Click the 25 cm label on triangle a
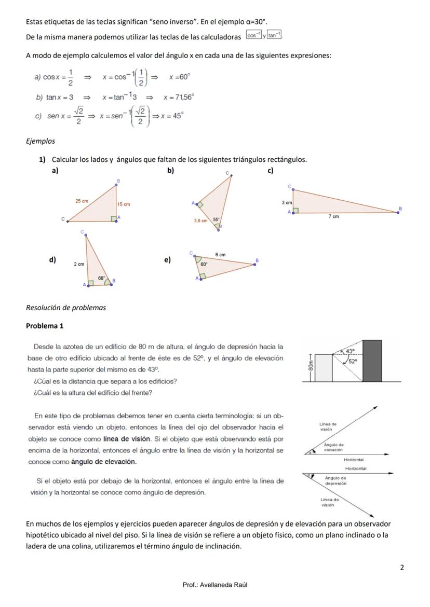(x=82, y=200)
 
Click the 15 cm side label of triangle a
(x=124, y=204)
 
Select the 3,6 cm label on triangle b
(x=200, y=220)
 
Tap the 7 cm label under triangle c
(x=333, y=216)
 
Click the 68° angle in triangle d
(x=102, y=278)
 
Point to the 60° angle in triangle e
(x=204, y=264)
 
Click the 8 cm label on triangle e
(x=220, y=255)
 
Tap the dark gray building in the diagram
(x=372, y=361)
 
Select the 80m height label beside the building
(x=311, y=366)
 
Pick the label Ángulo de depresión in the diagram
(x=335, y=480)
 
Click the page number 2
(x=401, y=568)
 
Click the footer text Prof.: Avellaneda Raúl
(x=215, y=585)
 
